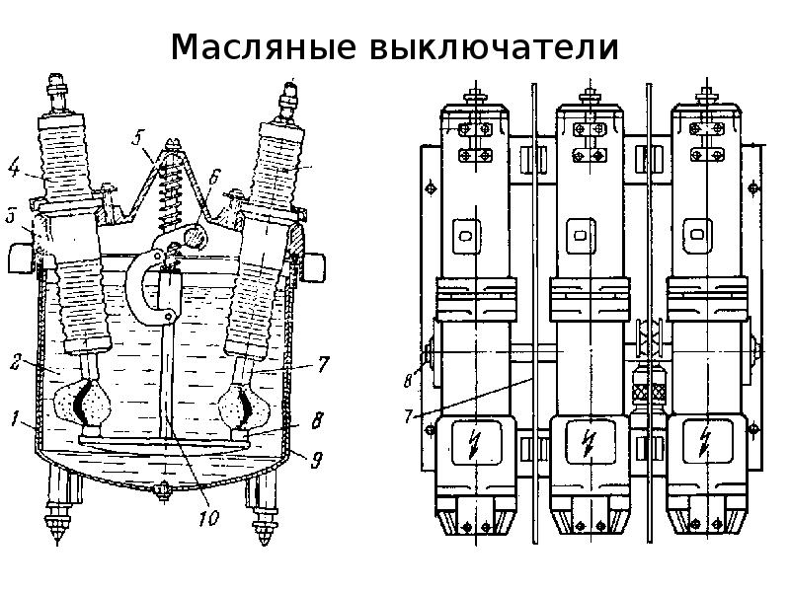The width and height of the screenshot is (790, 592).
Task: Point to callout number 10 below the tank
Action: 208,515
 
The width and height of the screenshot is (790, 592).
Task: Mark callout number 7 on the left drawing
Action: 323,364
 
